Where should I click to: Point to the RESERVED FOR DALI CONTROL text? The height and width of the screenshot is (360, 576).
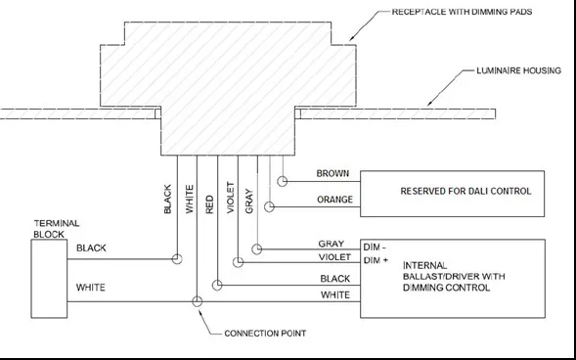[x=454, y=191]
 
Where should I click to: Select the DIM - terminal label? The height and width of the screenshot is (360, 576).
[x=376, y=247]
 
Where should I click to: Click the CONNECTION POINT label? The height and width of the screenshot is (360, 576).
[x=264, y=334]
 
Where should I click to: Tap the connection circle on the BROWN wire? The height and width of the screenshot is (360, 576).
[x=283, y=181]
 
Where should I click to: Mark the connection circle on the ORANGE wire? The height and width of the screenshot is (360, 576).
[x=269, y=207]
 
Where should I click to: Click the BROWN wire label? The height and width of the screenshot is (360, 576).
[x=332, y=174]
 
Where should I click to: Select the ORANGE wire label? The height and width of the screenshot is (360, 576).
[x=331, y=200]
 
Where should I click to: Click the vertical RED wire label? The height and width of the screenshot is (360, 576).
[x=209, y=203]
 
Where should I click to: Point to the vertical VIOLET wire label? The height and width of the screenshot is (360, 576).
[x=229, y=198]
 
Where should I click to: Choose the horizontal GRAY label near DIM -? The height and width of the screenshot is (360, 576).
[x=331, y=243]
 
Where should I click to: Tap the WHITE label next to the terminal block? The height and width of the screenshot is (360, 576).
[x=91, y=289]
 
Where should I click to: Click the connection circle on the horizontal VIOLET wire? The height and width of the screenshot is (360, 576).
[x=238, y=262]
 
